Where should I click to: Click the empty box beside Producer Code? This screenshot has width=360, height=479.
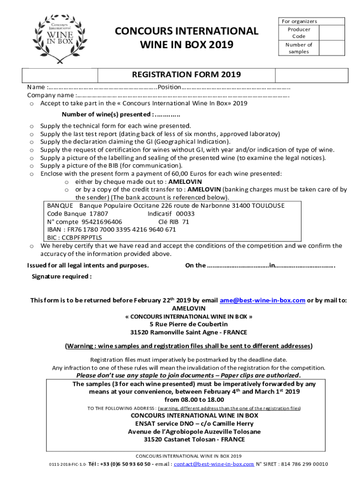tap(331, 33)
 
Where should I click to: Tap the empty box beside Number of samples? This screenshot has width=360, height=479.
tap(331, 48)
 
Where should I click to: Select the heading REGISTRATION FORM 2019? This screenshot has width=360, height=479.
tap(186, 74)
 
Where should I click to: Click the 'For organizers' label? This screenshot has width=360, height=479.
tap(299, 22)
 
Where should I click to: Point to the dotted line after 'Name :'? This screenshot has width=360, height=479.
tap(102, 87)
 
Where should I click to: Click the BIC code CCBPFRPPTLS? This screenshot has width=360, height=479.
tap(81, 238)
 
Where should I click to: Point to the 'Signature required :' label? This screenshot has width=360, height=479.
tap(61, 276)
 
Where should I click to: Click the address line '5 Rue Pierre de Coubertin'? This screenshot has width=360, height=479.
tap(188, 324)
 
